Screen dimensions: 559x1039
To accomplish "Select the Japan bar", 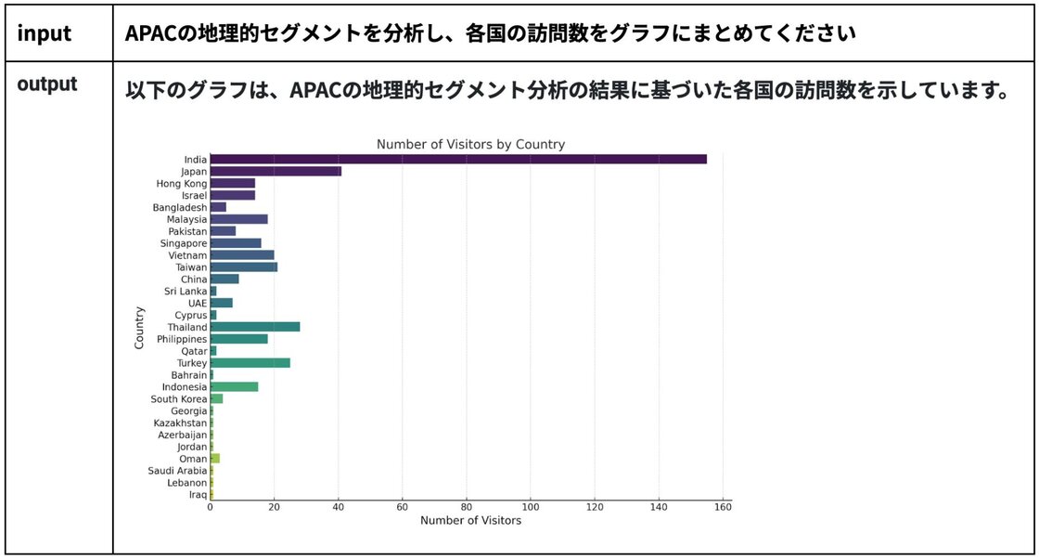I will point(276,171).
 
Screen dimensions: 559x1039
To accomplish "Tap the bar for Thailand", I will point(255,327).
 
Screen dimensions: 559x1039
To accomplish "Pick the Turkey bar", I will point(250,362).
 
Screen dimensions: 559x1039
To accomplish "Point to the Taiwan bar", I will point(244,266).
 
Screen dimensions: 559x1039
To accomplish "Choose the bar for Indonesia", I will point(235,386).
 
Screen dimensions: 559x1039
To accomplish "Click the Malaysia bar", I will point(239,219).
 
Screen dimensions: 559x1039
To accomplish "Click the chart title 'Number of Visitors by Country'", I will point(470,145).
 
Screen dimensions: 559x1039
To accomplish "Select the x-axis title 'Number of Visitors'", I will point(470,521).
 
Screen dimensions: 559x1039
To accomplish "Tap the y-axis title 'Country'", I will point(139,327).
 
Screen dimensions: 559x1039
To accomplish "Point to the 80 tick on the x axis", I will point(467,507).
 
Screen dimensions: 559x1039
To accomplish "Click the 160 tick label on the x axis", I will point(723,507).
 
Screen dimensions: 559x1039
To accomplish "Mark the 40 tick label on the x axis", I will point(339,507).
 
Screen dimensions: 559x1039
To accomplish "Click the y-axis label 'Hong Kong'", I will point(182,183).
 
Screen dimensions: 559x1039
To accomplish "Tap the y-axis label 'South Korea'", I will point(179,398).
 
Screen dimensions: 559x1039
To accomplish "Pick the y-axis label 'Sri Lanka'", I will point(186,291).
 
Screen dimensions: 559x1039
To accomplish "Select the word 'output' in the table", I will point(46,84).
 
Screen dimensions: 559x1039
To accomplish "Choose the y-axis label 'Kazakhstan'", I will point(181,422).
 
